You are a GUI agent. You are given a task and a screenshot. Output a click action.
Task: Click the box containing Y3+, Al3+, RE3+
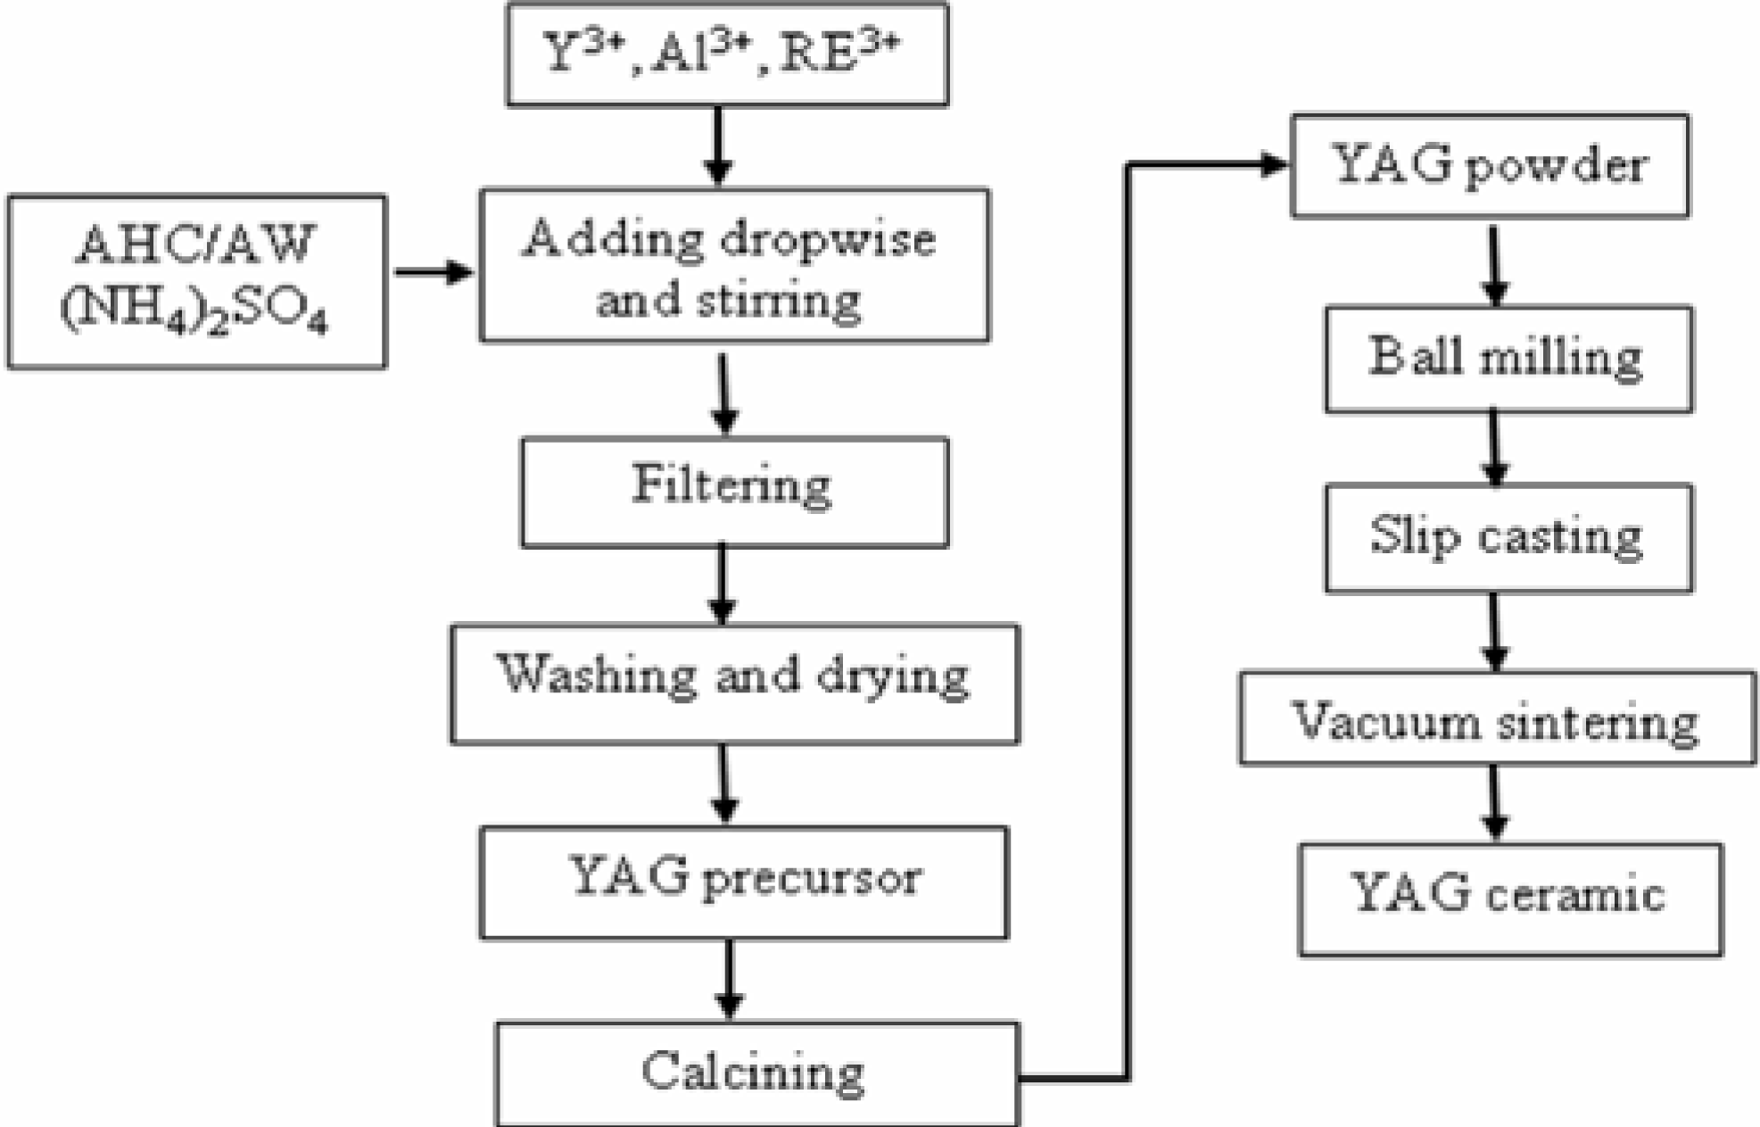point(727,55)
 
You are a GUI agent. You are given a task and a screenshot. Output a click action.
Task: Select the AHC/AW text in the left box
point(195,244)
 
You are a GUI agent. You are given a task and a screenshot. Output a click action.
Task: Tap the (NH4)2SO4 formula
point(194,311)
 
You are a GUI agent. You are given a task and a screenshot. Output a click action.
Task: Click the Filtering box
point(733,492)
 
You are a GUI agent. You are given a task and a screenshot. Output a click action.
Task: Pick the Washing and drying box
point(734,683)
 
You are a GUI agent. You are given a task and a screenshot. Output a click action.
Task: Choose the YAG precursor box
point(744,882)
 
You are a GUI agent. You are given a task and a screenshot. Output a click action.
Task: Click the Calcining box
point(756,1073)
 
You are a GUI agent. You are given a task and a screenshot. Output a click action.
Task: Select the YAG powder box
point(1489,166)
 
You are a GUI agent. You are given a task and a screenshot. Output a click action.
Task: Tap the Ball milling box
point(1508,359)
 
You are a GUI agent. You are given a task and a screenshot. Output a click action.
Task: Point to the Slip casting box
point(1508,537)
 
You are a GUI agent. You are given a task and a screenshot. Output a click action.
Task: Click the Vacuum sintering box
point(1497,719)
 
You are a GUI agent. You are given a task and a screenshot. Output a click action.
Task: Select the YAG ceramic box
point(1509,899)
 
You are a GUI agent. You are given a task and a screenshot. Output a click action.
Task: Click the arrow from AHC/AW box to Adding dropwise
point(434,272)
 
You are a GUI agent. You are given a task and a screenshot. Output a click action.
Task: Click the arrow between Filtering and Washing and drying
point(723,585)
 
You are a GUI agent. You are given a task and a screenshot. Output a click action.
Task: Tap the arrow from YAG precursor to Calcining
point(730,980)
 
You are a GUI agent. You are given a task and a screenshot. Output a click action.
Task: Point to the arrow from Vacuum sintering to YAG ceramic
point(1495,803)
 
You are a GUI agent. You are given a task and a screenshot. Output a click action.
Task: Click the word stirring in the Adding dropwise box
point(778,301)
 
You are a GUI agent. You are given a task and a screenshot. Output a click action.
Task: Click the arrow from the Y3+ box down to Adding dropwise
point(718,145)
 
